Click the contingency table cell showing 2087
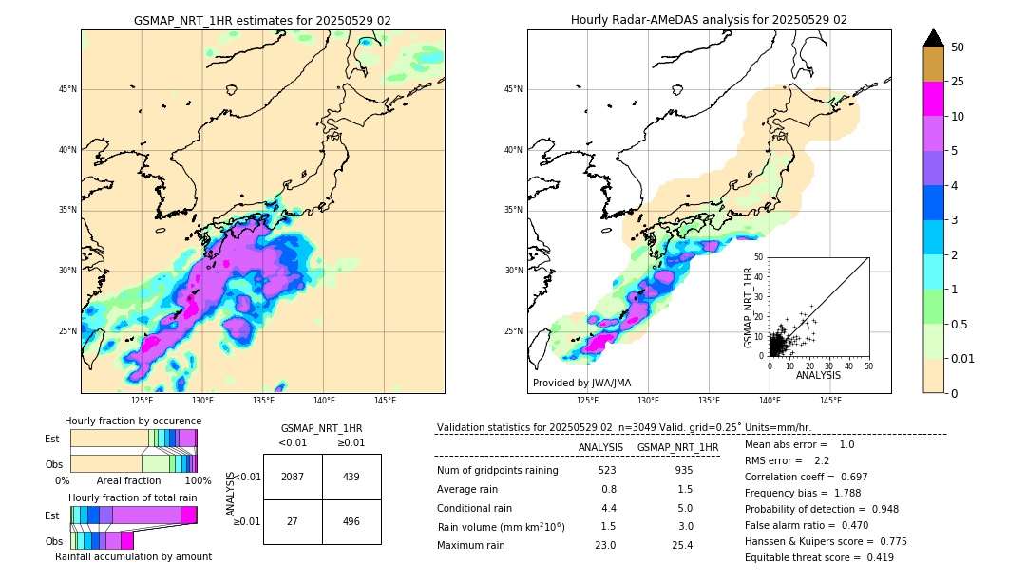tap(293, 477)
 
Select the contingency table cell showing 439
tap(351, 477)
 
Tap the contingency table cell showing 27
tap(293, 522)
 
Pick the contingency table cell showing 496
tap(351, 522)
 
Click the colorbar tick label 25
tap(958, 82)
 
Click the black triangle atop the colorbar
tap(934, 38)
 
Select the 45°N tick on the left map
tap(67, 89)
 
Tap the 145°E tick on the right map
tap(830, 401)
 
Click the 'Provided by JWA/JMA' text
tap(581, 384)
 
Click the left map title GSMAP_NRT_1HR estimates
tap(262, 20)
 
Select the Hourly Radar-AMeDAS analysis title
tap(709, 20)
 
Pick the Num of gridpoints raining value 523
tap(607, 470)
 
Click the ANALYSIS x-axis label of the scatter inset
tap(818, 375)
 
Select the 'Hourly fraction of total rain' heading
tap(133, 497)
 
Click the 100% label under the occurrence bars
tap(198, 481)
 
